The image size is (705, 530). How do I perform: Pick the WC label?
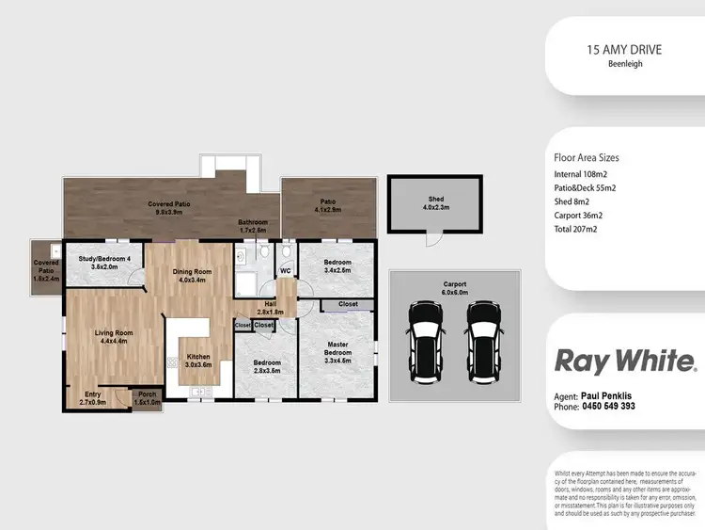tap(286, 271)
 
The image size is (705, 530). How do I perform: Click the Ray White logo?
tap(625, 361)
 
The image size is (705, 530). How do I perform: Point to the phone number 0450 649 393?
tap(608, 407)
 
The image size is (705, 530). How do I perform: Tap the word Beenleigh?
tap(625, 66)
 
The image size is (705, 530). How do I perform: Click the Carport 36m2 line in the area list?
tap(584, 215)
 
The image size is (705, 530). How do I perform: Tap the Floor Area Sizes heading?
tap(587, 158)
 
